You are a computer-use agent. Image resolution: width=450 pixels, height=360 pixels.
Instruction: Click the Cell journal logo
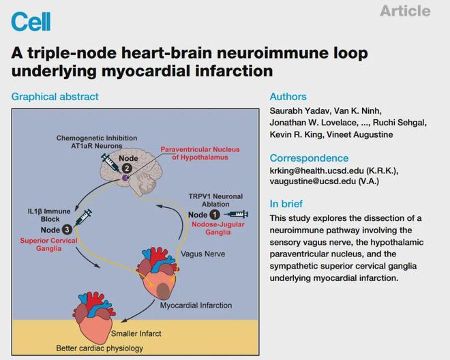coord(31,21)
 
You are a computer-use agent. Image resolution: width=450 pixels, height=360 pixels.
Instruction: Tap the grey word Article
coord(405,11)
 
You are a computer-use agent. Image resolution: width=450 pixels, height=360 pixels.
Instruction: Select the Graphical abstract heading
coord(55,97)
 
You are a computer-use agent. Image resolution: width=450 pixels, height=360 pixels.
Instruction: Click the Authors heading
coord(288,97)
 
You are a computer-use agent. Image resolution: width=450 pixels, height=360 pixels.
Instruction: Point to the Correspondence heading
coord(309,158)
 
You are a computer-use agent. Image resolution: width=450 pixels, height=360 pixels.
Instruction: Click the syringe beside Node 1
coord(237,215)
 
